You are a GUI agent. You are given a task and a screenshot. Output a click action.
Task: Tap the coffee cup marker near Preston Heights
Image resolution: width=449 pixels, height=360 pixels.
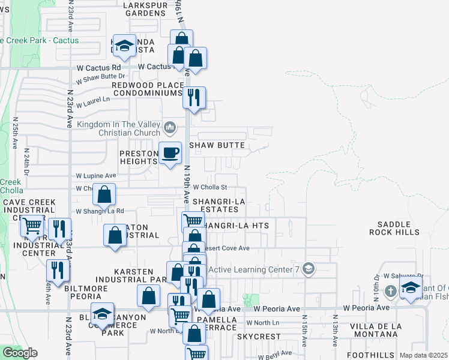coord(170,152)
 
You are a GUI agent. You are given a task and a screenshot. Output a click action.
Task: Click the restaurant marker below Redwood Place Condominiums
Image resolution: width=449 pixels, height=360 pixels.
coord(194,98)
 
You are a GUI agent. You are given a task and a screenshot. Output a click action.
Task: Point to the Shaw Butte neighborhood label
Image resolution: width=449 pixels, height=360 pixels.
coord(217,145)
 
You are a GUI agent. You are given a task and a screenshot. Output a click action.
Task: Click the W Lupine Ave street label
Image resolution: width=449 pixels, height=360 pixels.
coord(95,176)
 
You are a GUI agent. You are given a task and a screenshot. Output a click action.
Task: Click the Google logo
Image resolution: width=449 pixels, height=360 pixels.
coord(19,353)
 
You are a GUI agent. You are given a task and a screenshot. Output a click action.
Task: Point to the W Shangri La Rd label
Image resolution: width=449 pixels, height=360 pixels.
coord(100,211)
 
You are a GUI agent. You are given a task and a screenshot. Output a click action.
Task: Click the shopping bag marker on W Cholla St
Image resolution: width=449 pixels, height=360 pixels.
coord(104,194)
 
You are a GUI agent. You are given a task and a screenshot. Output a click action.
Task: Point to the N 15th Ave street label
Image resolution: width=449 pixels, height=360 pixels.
coord(304,331)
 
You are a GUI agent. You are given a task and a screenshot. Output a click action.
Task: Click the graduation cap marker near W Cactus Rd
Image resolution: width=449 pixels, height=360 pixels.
coord(125,46)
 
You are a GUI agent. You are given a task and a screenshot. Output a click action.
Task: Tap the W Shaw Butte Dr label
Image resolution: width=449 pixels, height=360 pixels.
coord(100,77)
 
